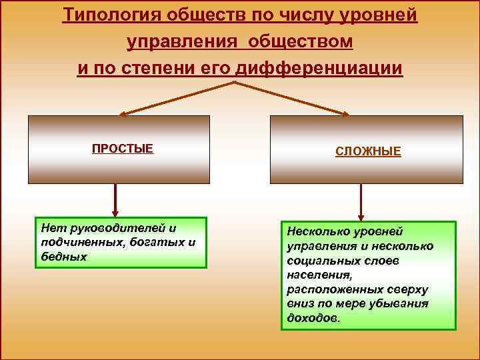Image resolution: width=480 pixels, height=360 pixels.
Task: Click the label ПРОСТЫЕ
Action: pyautogui.click(x=123, y=149)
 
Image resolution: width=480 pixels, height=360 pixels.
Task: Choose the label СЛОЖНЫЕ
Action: pyautogui.click(x=368, y=152)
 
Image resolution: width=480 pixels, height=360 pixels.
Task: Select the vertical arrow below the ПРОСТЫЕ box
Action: pyautogui.click(x=115, y=199)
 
